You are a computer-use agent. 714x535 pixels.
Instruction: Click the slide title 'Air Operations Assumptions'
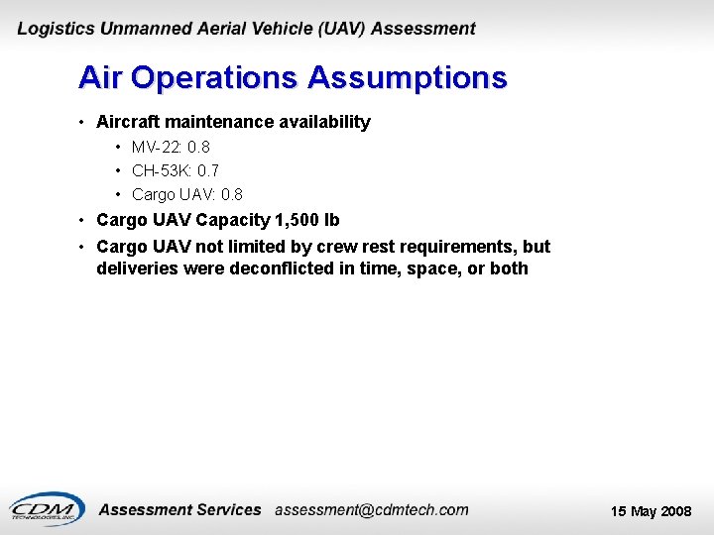coord(293,78)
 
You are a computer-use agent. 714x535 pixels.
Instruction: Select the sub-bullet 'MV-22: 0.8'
coord(171,147)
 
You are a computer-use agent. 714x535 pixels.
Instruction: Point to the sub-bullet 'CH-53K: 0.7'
coord(176,170)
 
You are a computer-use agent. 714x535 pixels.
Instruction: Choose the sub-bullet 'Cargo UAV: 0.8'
coord(186,194)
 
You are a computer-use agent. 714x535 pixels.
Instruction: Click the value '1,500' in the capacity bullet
coord(296,220)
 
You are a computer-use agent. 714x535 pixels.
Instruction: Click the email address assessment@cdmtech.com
coord(371,510)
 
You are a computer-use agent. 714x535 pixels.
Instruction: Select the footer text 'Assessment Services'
coord(180,510)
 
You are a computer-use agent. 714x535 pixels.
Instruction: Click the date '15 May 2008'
coord(651,511)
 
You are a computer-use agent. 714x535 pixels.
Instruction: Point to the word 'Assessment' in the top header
coord(423,30)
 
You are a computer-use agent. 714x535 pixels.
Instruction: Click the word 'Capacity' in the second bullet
coord(233,220)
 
